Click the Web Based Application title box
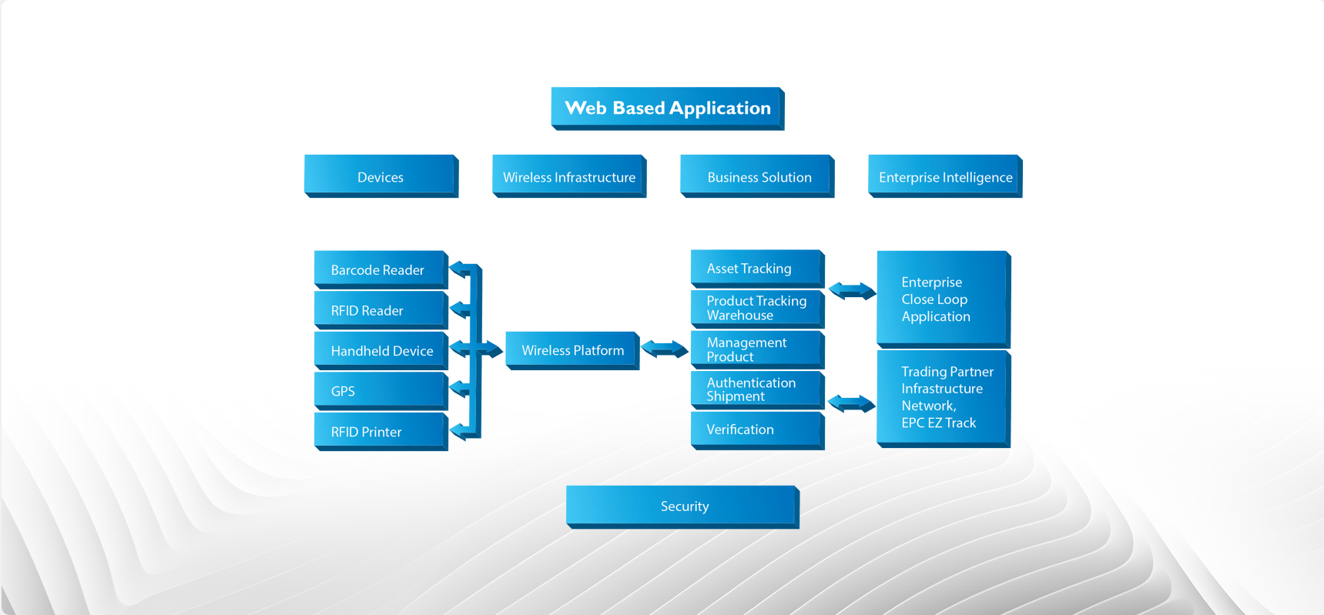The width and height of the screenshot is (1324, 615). click(x=667, y=108)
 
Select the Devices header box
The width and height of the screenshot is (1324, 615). click(x=380, y=176)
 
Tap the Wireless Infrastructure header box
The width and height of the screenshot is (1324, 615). click(x=568, y=176)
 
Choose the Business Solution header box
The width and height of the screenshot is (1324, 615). click(x=757, y=176)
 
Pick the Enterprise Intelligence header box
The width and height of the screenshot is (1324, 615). click(x=945, y=176)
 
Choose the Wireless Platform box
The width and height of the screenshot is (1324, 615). click(x=572, y=350)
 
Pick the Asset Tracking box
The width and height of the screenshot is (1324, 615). click(x=757, y=268)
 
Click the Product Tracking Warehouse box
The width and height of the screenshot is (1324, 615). click(x=757, y=308)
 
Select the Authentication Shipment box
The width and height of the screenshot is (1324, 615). click(x=757, y=389)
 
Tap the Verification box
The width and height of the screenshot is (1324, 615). click(x=757, y=429)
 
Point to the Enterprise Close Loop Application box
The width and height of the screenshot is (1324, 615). click(x=943, y=299)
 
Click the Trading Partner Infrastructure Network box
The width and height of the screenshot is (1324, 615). click(x=943, y=397)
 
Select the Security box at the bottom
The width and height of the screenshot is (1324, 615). click(x=682, y=506)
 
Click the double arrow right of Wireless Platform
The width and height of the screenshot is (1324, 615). click(x=665, y=349)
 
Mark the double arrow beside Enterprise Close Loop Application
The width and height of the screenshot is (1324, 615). click(x=852, y=291)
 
